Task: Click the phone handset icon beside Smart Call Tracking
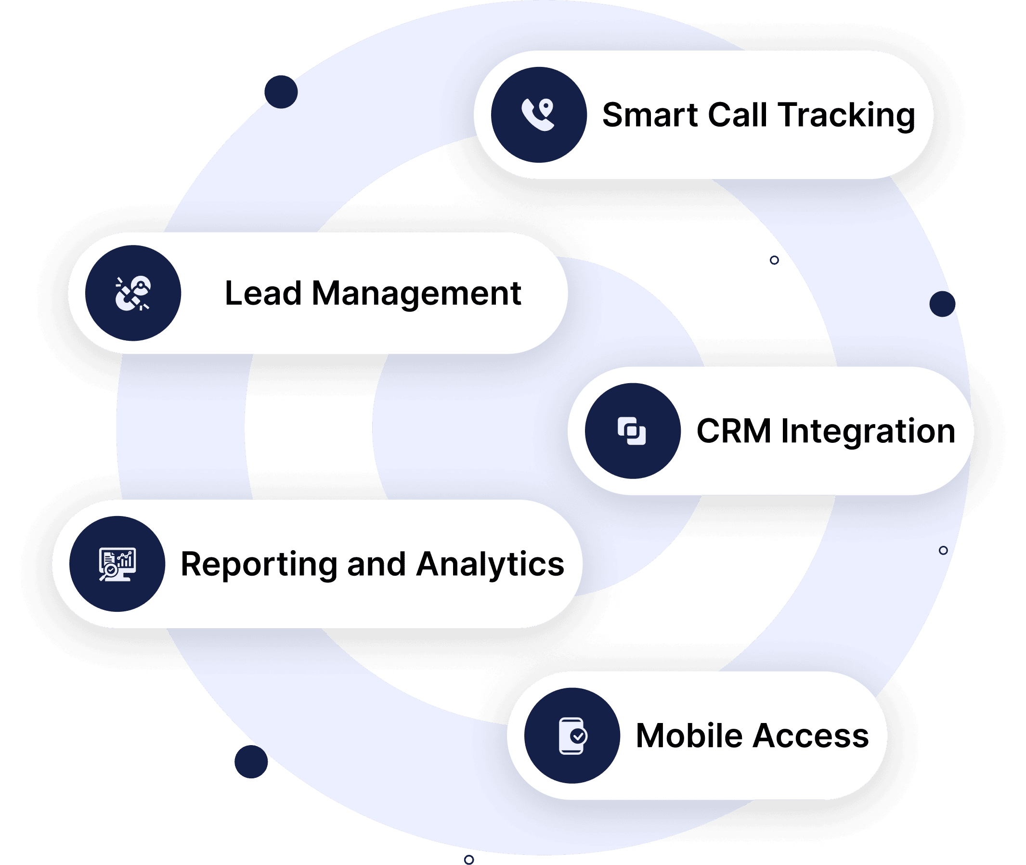click(x=538, y=115)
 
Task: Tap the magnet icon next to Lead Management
click(x=132, y=293)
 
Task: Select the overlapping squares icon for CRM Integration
click(x=632, y=431)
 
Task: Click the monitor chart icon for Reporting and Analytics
click(x=117, y=564)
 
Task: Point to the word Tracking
click(x=846, y=116)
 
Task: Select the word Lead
click(x=263, y=293)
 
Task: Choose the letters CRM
click(x=734, y=431)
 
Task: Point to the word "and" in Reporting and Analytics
click(x=376, y=564)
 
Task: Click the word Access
click(x=812, y=736)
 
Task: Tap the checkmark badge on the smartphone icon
click(x=579, y=736)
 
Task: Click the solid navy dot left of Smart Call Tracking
click(x=281, y=91)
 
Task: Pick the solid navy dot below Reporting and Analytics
click(x=251, y=762)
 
